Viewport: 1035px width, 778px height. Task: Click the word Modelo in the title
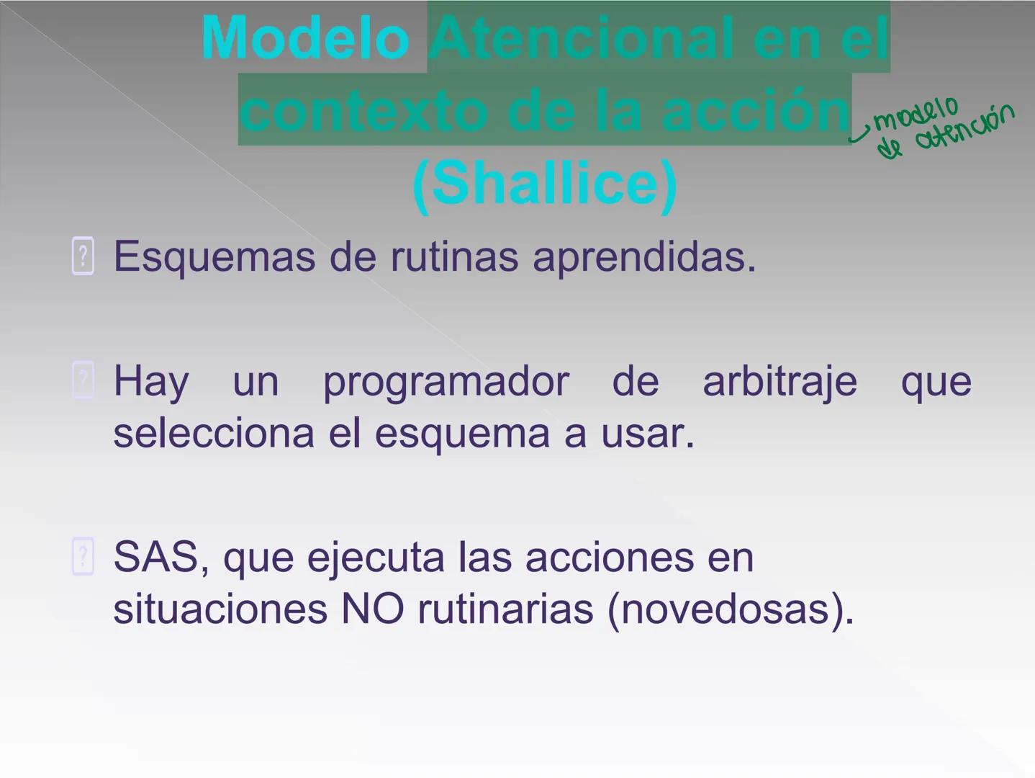pos(305,38)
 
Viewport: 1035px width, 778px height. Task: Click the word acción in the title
pos(756,111)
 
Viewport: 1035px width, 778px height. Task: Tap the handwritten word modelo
pos(916,112)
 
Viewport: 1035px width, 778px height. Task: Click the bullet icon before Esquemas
pos(83,256)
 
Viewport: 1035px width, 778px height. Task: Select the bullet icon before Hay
pos(83,380)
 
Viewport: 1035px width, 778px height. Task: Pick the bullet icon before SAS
pos(83,556)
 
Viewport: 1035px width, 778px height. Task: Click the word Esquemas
pos(214,256)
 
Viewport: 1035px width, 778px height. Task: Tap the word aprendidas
pos(644,256)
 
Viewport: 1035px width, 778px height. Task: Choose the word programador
pos(446,380)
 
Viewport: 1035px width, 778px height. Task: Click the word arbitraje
pos(779,380)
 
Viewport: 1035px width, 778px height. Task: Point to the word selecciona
pos(214,433)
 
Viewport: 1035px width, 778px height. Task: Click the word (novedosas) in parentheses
pos(730,609)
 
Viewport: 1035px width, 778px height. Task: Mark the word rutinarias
pos(505,609)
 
